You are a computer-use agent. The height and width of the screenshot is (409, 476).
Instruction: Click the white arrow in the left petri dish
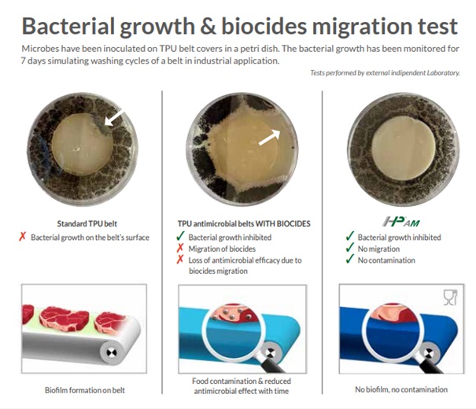click(x=114, y=117)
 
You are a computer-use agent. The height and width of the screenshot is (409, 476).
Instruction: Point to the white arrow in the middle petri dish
click(x=270, y=137)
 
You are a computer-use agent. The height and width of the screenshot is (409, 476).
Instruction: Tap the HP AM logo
click(x=401, y=222)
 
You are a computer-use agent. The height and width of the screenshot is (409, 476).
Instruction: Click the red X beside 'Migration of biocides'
click(x=180, y=249)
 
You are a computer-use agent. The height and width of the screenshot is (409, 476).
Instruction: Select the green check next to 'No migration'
click(x=350, y=248)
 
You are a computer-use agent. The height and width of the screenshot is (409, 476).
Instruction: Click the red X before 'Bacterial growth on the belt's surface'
click(x=22, y=237)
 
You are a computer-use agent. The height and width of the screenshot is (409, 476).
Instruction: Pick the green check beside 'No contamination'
click(x=350, y=259)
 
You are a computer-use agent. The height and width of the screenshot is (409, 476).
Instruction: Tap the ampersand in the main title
click(x=208, y=26)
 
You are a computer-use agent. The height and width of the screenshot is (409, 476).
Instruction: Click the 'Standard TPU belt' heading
click(x=87, y=223)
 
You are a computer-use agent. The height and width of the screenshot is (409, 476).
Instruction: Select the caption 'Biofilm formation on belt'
click(x=85, y=390)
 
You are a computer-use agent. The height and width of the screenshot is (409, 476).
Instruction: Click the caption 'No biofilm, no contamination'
click(x=401, y=389)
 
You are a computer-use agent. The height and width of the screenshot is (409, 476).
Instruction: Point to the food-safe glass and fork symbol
click(x=450, y=297)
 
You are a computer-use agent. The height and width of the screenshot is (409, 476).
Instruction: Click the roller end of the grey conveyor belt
click(x=111, y=352)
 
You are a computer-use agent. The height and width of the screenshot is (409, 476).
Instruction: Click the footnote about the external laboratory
click(x=385, y=73)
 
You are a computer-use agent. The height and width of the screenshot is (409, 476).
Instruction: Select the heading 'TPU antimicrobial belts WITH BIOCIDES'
click(x=244, y=224)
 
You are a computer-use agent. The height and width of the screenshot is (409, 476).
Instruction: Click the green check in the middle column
click(x=180, y=236)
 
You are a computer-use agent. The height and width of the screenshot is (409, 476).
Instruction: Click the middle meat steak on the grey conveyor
click(x=65, y=318)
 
